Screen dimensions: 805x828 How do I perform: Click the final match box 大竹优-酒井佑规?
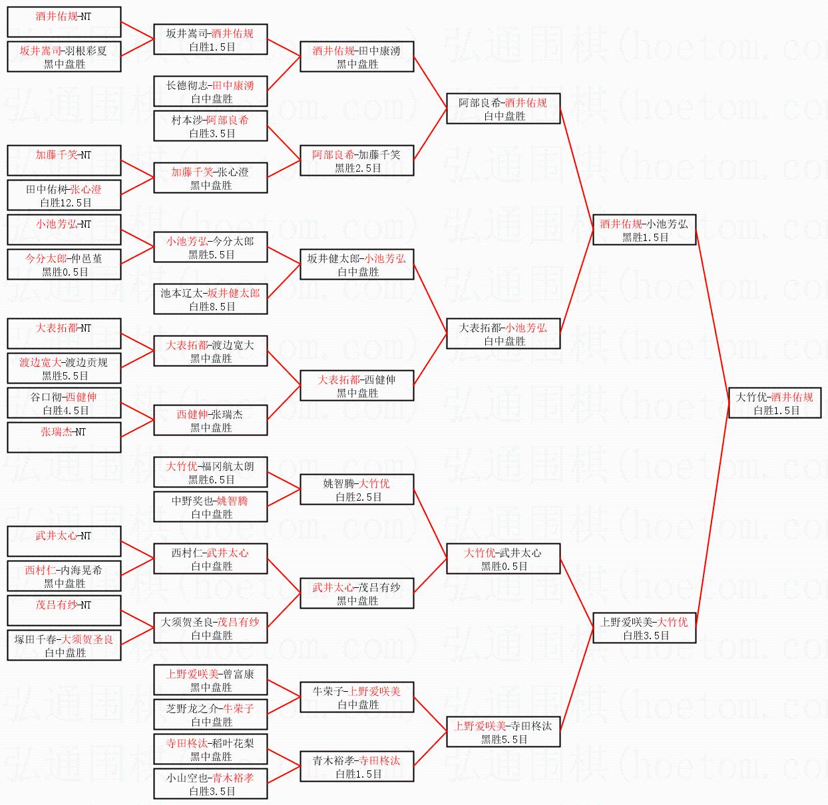774,403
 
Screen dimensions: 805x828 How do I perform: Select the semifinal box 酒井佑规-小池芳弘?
644,230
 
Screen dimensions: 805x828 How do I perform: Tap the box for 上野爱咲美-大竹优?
644,629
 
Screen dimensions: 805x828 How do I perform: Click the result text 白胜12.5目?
65,203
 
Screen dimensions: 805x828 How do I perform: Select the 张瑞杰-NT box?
64,437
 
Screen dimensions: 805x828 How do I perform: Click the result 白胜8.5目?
212,307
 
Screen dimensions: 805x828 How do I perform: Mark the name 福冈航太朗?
228,467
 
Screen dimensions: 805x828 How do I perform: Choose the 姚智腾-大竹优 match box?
357,490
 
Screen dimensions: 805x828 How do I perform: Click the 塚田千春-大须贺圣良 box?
64,645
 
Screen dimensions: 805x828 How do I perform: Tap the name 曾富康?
238,674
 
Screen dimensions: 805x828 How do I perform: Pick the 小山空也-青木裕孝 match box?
210,784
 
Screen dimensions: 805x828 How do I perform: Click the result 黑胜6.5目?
212,480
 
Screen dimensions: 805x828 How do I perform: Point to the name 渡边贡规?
86,362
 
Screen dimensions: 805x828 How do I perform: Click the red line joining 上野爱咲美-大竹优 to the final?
712,519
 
